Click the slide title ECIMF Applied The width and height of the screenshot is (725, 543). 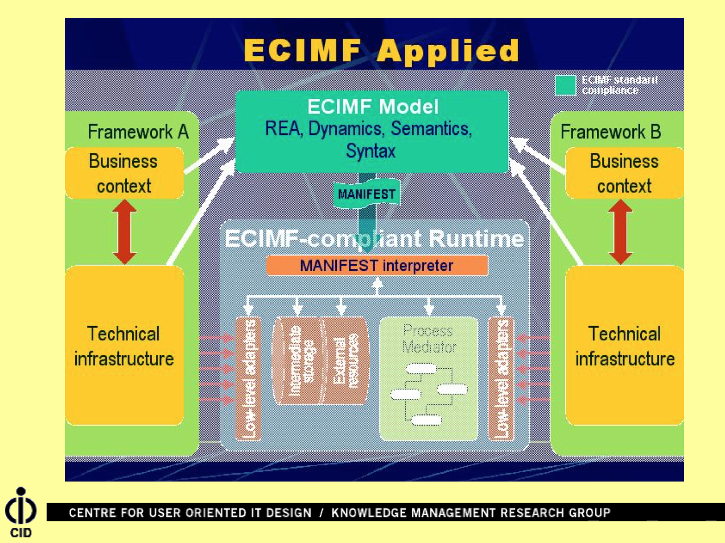pos(381,51)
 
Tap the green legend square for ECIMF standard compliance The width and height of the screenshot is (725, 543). pos(565,85)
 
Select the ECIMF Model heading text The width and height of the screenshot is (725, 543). pos(373,106)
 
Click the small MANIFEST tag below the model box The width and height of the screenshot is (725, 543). pos(366,194)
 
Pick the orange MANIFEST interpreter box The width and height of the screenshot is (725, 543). pos(377,265)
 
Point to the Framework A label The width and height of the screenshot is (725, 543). pos(138,132)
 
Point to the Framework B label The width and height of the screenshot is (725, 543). pos(611,132)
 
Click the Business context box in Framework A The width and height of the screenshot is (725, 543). pos(124,174)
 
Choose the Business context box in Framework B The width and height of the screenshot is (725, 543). pos(624,174)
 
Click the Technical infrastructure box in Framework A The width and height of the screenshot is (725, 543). pos(124,345)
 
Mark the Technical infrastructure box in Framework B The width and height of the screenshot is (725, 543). pos(624,345)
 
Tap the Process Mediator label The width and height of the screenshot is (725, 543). pos(429,339)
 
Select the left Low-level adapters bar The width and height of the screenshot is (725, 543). pos(249,379)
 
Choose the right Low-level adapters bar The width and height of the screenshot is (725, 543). pos(501,379)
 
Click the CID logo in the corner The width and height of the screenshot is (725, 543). pos(21,512)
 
